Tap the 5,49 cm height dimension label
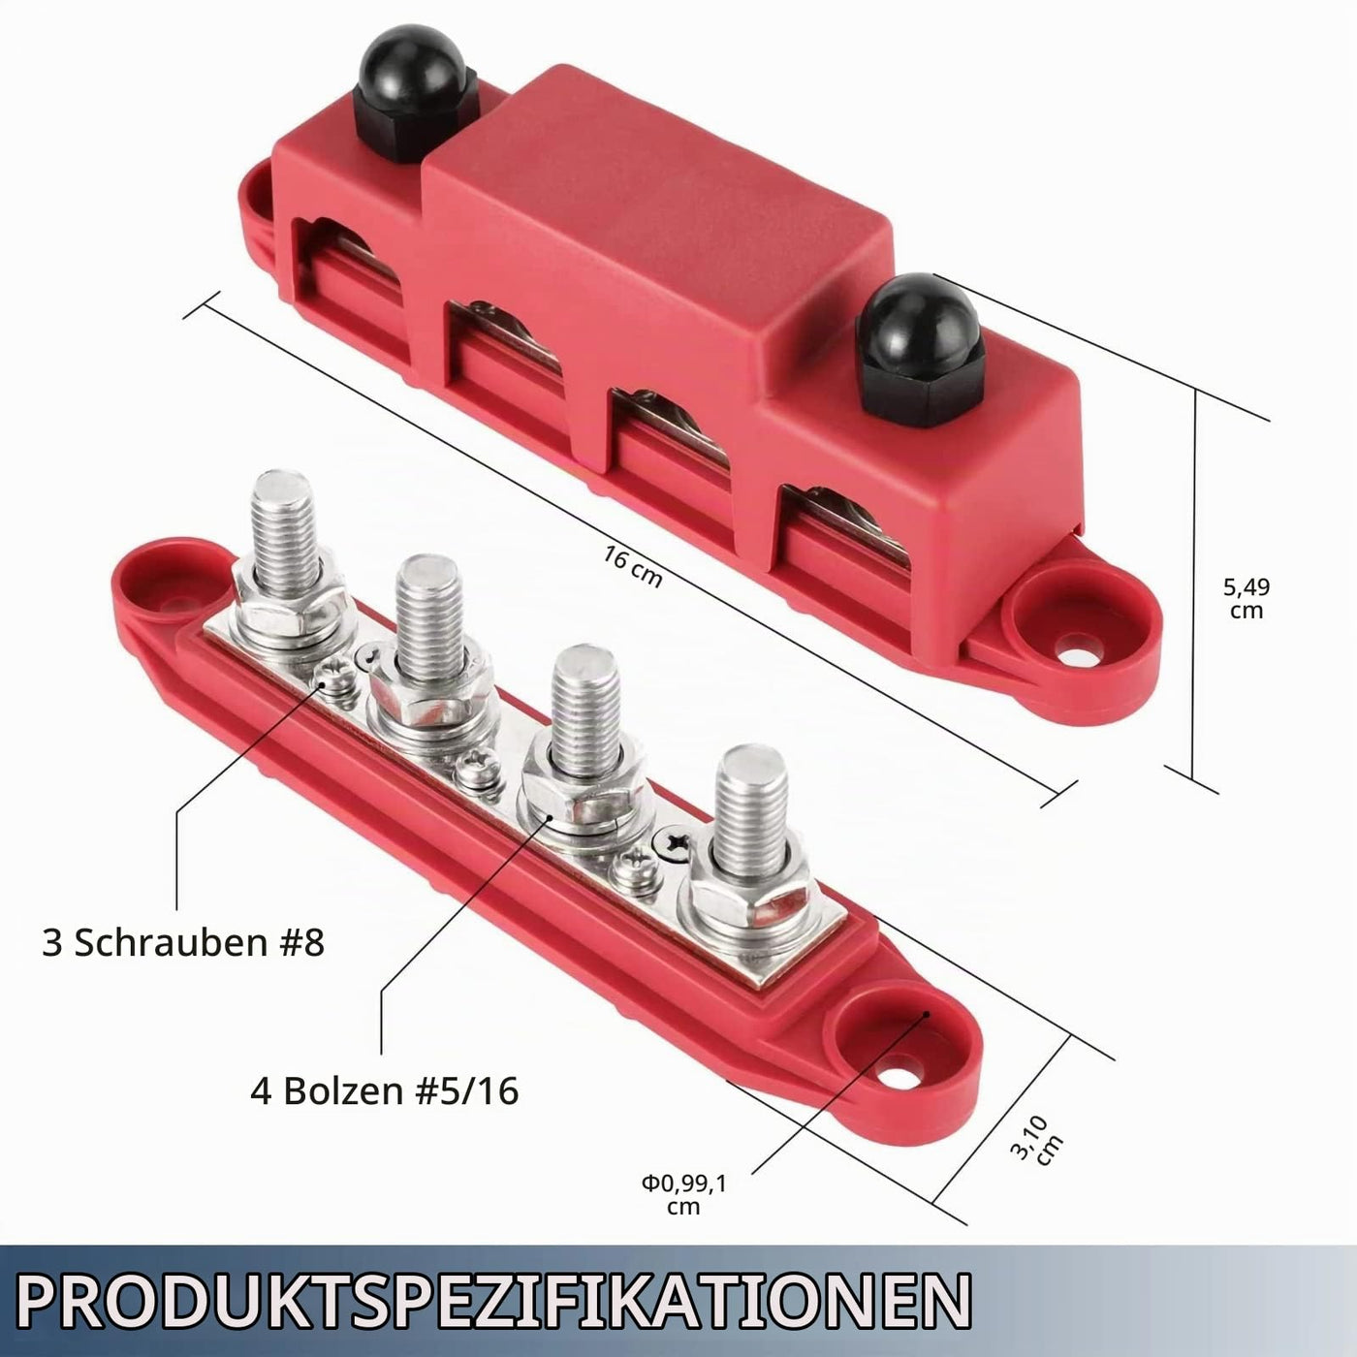[1247, 598]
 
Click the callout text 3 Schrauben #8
[183, 942]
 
